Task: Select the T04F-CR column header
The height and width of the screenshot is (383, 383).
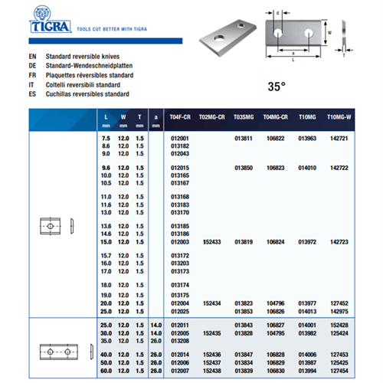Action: pos(178,119)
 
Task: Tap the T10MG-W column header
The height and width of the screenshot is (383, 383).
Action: pos(338,119)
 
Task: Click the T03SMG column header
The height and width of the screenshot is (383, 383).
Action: pos(244,119)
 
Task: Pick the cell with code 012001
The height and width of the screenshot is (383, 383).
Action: pos(178,138)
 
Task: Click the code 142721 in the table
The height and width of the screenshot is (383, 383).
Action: pos(337,138)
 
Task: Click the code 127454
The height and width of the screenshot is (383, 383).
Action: pos(337,370)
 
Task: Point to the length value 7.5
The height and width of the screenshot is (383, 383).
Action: pos(106,138)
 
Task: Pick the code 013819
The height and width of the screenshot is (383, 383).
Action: pos(244,241)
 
